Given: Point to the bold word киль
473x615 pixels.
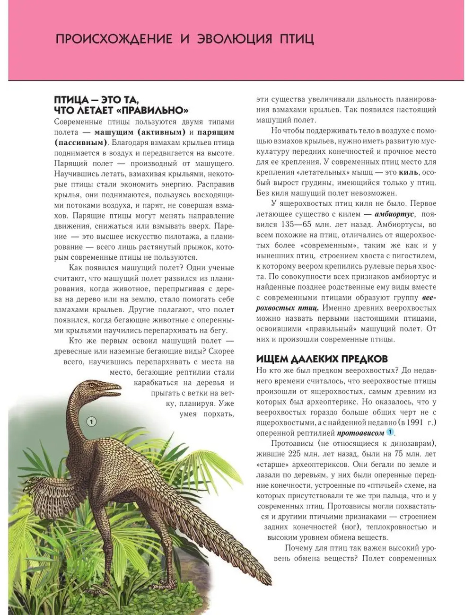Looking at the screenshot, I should point(408,172).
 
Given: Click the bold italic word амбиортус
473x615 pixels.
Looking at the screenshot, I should point(394,214).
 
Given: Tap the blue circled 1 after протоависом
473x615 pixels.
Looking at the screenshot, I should point(390,432).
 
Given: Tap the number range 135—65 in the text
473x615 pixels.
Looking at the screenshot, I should point(289,225).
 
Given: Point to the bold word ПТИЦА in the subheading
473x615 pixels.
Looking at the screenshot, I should point(71,100).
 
